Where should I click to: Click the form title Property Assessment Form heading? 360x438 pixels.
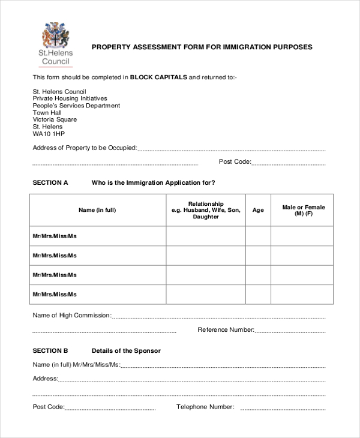pyautogui.click(x=201, y=47)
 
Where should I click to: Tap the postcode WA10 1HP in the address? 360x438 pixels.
pyautogui.click(x=48, y=134)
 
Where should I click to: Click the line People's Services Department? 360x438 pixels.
pyautogui.click(x=76, y=106)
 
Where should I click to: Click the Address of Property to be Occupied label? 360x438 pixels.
pyautogui.click(x=85, y=148)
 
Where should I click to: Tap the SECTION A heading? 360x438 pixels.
pyautogui.click(x=50, y=182)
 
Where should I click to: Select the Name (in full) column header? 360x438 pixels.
pyautogui.click(x=97, y=210)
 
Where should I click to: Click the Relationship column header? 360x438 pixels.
pyautogui.click(x=206, y=210)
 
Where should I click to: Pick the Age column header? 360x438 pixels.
pyautogui.click(x=258, y=210)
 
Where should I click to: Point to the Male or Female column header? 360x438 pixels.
pyautogui.click(x=303, y=210)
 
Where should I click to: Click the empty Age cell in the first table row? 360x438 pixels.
pyautogui.click(x=258, y=236)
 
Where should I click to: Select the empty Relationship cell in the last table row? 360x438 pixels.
pyautogui.click(x=206, y=294)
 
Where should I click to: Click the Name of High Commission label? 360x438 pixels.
pyautogui.click(x=71, y=315)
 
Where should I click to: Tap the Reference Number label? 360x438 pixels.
pyautogui.click(x=226, y=329)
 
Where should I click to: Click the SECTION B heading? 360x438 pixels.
pyautogui.click(x=50, y=350)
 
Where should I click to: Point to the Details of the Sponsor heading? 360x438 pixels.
pyautogui.click(x=126, y=350)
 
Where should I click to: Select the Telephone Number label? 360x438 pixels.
pyautogui.click(x=205, y=407)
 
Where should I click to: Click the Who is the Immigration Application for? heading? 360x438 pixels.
pyautogui.click(x=153, y=182)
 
